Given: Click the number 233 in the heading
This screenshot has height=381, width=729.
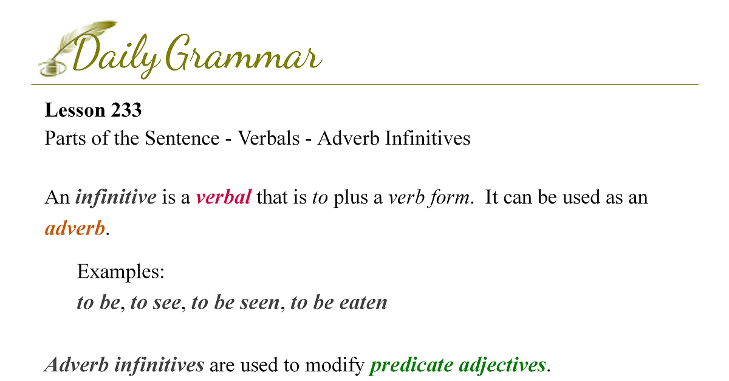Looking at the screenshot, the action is point(126,110).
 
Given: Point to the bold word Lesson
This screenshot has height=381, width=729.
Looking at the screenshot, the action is point(75,110).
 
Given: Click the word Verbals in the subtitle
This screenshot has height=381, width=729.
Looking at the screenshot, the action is point(269,138).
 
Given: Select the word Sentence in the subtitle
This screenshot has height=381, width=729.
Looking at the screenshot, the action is point(182,138).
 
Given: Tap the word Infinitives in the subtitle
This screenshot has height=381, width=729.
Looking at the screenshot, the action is point(428,138).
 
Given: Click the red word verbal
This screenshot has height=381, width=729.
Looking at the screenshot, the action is point(224,197).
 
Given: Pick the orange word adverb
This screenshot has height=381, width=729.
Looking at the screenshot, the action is point(75,228).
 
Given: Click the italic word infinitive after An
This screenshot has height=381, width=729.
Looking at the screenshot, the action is point(116,197).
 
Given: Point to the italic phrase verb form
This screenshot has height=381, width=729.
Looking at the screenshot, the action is point(430,197).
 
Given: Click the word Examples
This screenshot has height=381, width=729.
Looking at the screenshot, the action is point(121,271).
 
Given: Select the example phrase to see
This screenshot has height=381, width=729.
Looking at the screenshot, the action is point(156,303).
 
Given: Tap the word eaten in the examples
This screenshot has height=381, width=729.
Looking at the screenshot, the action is point(363,303).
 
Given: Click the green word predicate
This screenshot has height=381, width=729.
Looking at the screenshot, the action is point(411,365).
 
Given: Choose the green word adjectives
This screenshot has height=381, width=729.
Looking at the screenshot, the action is point(502,365).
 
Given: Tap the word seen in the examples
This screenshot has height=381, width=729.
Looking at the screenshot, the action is point(260,303).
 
